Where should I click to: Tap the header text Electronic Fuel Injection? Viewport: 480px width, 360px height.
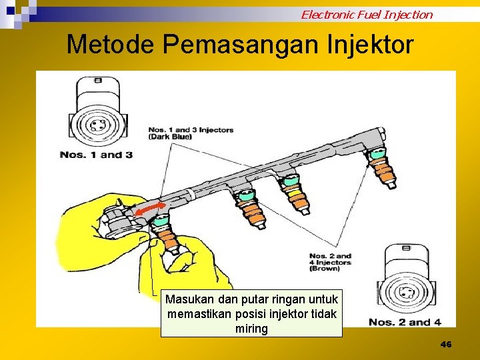pos(367,14)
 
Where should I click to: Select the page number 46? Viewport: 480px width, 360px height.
pos(446,344)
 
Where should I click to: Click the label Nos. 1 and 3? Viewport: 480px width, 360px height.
pos(96,155)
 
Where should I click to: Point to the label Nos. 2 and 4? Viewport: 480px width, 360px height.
pos(405,322)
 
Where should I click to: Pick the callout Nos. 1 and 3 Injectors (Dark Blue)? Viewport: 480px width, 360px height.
pos(191,133)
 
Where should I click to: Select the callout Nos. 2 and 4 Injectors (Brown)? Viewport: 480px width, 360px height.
pos(330,262)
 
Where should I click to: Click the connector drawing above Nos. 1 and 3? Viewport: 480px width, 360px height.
pos(98,113)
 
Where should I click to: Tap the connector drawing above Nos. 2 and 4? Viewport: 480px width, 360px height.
pos(408,281)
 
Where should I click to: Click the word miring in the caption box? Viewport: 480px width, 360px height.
pos(251,329)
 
